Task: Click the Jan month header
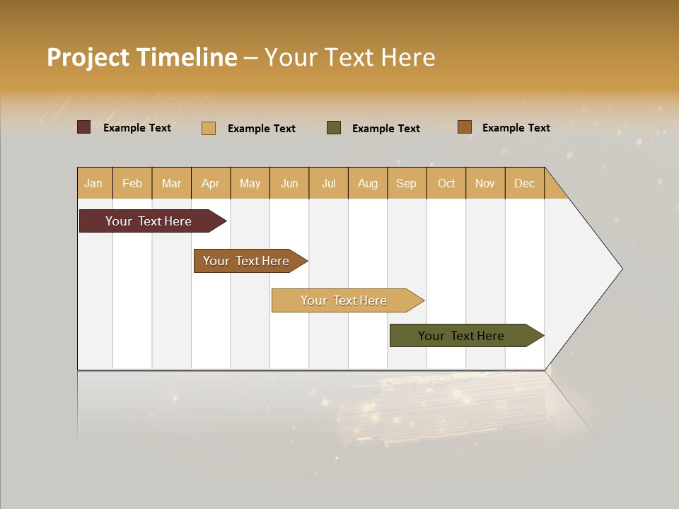[x=93, y=183]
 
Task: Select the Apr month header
[x=211, y=183]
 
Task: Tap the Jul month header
[x=328, y=183]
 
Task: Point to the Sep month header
[x=406, y=183]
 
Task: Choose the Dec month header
[x=524, y=183]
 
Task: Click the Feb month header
[x=132, y=183]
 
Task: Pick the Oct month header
[x=446, y=183]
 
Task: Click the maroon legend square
[x=84, y=127]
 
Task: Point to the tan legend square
[x=209, y=128]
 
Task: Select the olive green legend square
[x=334, y=127]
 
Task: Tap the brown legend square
[x=465, y=127]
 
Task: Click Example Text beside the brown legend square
[x=516, y=127]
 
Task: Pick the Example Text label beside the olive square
[x=385, y=128]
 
